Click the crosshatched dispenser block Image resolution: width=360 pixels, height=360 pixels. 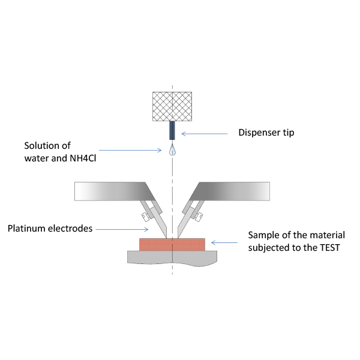[172, 106]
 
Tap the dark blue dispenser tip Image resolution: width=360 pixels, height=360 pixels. [172, 129]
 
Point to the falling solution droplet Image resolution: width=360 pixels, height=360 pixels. [172, 151]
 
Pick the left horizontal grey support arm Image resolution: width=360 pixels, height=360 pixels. [108, 190]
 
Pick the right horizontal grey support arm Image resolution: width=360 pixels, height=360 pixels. [237, 190]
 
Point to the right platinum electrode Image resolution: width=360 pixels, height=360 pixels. [184, 226]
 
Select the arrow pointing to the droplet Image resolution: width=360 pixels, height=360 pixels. [132, 151]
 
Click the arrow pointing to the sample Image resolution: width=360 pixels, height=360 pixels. [224, 242]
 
